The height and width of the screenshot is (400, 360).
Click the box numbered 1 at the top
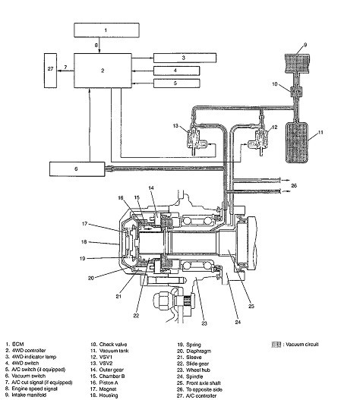pyautogui.click(x=106, y=30)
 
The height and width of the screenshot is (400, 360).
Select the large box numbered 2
pyautogui.click(x=103, y=71)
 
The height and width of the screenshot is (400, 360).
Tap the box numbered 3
pyautogui.click(x=185, y=58)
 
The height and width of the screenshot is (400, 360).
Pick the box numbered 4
pyautogui.click(x=176, y=71)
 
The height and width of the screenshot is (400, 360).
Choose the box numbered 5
pyautogui.click(x=176, y=83)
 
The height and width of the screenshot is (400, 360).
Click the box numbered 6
pyautogui.click(x=77, y=169)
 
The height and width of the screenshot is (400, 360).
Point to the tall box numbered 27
pyautogui.click(x=50, y=71)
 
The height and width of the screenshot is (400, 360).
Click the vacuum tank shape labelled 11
pyautogui.click(x=297, y=143)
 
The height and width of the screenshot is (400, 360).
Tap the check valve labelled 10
pyautogui.click(x=296, y=91)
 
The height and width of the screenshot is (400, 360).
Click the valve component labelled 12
pyautogui.click(x=259, y=139)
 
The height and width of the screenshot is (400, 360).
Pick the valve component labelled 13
pyautogui.click(x=196, y=139)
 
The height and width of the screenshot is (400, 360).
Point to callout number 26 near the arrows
pyautogui.click(x=294, y=185)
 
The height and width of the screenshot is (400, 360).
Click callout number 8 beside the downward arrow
pyautogui.click(x=96, y=45)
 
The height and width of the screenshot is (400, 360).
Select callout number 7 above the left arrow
pyautogui.click(x=65, y=68)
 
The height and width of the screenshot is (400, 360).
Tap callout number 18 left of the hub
pyautogui.click(x=84, y=241)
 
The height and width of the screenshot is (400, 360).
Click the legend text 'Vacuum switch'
pyautogui.click(x=29, y=376)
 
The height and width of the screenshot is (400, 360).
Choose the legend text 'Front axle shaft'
pyautogui.click(x=204, y=383)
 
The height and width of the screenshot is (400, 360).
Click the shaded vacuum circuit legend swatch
pyautogui.click(x=276, y=345)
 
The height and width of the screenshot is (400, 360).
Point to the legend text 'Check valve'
pyautogui.click(x=113, y=344)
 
